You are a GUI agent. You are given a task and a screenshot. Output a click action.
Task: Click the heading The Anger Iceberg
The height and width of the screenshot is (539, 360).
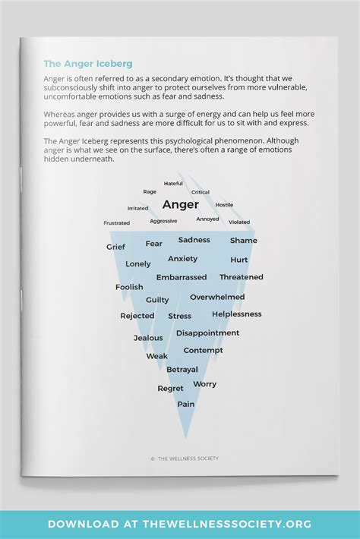(87, 64)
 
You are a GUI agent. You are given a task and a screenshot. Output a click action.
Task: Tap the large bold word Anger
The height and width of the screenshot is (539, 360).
(181, 204)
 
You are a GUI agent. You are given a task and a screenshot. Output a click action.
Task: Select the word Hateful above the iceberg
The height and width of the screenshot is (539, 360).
(173, 184)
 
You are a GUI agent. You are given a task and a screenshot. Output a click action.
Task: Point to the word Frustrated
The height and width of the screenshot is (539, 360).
(117, 223)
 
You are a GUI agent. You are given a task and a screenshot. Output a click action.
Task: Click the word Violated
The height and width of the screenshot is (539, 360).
(239, 222)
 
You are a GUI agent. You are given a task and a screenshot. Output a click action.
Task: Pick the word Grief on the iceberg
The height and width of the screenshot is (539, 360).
(115, 247)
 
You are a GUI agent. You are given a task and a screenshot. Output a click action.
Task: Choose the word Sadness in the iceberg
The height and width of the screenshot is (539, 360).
(194, 240)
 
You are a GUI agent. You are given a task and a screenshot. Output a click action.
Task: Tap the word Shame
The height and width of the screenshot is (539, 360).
(244, 241)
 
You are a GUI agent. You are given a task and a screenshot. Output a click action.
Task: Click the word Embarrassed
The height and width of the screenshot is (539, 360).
(182, 278)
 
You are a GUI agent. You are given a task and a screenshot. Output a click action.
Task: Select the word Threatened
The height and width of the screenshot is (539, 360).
(242, 278)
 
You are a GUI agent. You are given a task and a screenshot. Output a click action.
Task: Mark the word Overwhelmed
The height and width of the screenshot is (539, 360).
(217, 297)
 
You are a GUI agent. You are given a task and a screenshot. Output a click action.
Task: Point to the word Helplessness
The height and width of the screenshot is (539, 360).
(237, 314)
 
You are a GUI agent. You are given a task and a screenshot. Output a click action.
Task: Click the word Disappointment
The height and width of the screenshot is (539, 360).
(207, 333)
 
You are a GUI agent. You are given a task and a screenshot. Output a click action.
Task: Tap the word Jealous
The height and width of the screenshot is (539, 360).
(148, 338)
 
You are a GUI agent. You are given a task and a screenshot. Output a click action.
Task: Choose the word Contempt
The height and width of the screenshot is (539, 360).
(204, 351)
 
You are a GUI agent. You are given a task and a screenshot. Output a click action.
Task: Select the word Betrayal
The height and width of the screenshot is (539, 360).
(182, 370)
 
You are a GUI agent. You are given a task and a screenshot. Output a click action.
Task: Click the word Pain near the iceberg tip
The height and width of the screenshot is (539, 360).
(186, 405)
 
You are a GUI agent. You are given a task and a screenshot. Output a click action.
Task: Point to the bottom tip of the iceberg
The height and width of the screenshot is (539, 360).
(186, 437)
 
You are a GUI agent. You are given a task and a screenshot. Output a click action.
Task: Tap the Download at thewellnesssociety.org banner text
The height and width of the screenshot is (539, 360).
(180, 524)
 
